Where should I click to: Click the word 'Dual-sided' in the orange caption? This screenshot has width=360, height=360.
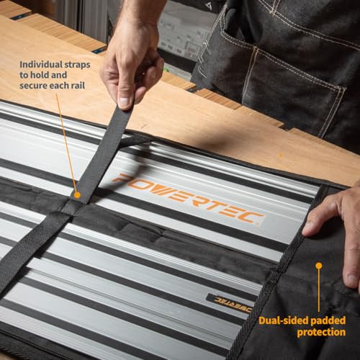[279, 320]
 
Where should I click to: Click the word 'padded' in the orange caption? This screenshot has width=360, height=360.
[326, 320]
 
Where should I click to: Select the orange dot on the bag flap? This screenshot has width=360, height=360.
[318, 265]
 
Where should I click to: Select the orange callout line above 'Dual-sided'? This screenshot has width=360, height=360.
[318, 288]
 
